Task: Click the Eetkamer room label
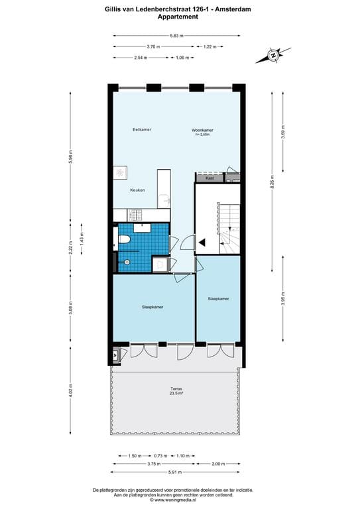pyautogui.click(x=142, y=129)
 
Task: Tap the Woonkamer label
pyautogui.click(x=202, y=131)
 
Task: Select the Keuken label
pyautogui.click(x=137, y=190)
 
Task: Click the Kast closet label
pyautogui.click(x=210, y=178)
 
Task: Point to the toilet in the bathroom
pyautogui.click(x=123, y=240)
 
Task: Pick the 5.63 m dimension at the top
pyautogui.click(x=176, y=36)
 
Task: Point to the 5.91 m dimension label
pyautogui.click(x=176, y=472)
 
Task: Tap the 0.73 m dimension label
pyautogui.click(x=160, y=455)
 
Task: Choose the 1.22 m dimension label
pyautogui.click(x=209, y=47)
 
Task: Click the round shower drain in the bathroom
pyautogui.click(x=125, y=262)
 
